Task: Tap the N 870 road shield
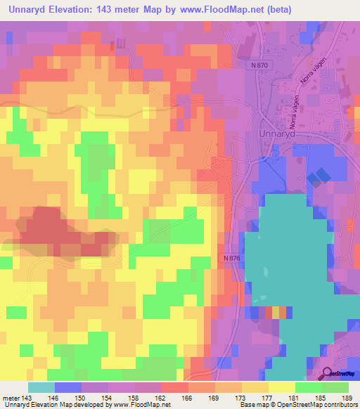[259, 65]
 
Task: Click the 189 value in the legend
[346, 398]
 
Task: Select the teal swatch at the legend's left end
[41, 387]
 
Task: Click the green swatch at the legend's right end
[335, 387]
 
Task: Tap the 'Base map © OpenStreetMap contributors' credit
[297, 405]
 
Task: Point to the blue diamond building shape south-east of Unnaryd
[319, 176]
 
